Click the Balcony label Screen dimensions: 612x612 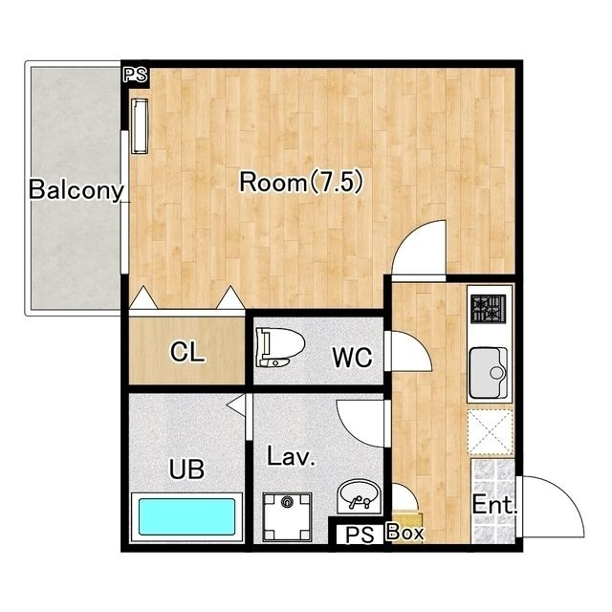(76, 190)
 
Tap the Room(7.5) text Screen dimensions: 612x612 (301, 182)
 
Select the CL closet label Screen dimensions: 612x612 (187, 352)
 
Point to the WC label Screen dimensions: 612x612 (352, 357)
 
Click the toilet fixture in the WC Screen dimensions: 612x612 (280, 347)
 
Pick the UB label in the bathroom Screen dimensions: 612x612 (186, 469)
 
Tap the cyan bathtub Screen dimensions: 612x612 (187, 516)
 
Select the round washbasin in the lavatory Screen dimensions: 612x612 (360, 496)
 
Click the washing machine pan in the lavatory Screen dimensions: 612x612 (287, 517)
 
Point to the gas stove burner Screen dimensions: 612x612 (488, 309)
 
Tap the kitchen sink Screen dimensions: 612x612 (489, 372)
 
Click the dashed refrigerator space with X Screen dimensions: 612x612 (491, 432)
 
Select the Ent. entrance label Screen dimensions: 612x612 (494, 505)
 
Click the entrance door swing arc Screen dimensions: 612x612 (565, 493)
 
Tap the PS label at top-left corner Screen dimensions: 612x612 (136, 75)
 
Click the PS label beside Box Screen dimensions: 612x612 (360, 535)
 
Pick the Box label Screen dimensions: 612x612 (404, 533)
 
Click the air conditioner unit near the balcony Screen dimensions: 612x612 (140, 125)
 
